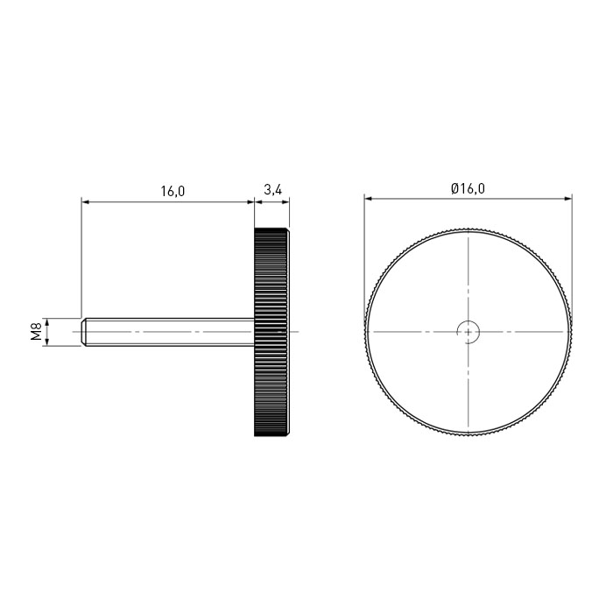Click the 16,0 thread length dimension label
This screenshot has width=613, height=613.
173,191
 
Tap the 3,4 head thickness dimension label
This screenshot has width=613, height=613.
272,190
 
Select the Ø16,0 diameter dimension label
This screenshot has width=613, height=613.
468,188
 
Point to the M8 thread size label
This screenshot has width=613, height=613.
37,332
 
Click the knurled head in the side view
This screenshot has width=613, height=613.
271,332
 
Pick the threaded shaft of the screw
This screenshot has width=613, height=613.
168,332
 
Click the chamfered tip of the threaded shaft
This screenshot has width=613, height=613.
84,332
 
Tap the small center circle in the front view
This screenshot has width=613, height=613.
469,332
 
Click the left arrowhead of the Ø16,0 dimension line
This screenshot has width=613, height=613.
368,199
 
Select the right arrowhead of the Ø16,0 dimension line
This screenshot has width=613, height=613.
568,199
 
